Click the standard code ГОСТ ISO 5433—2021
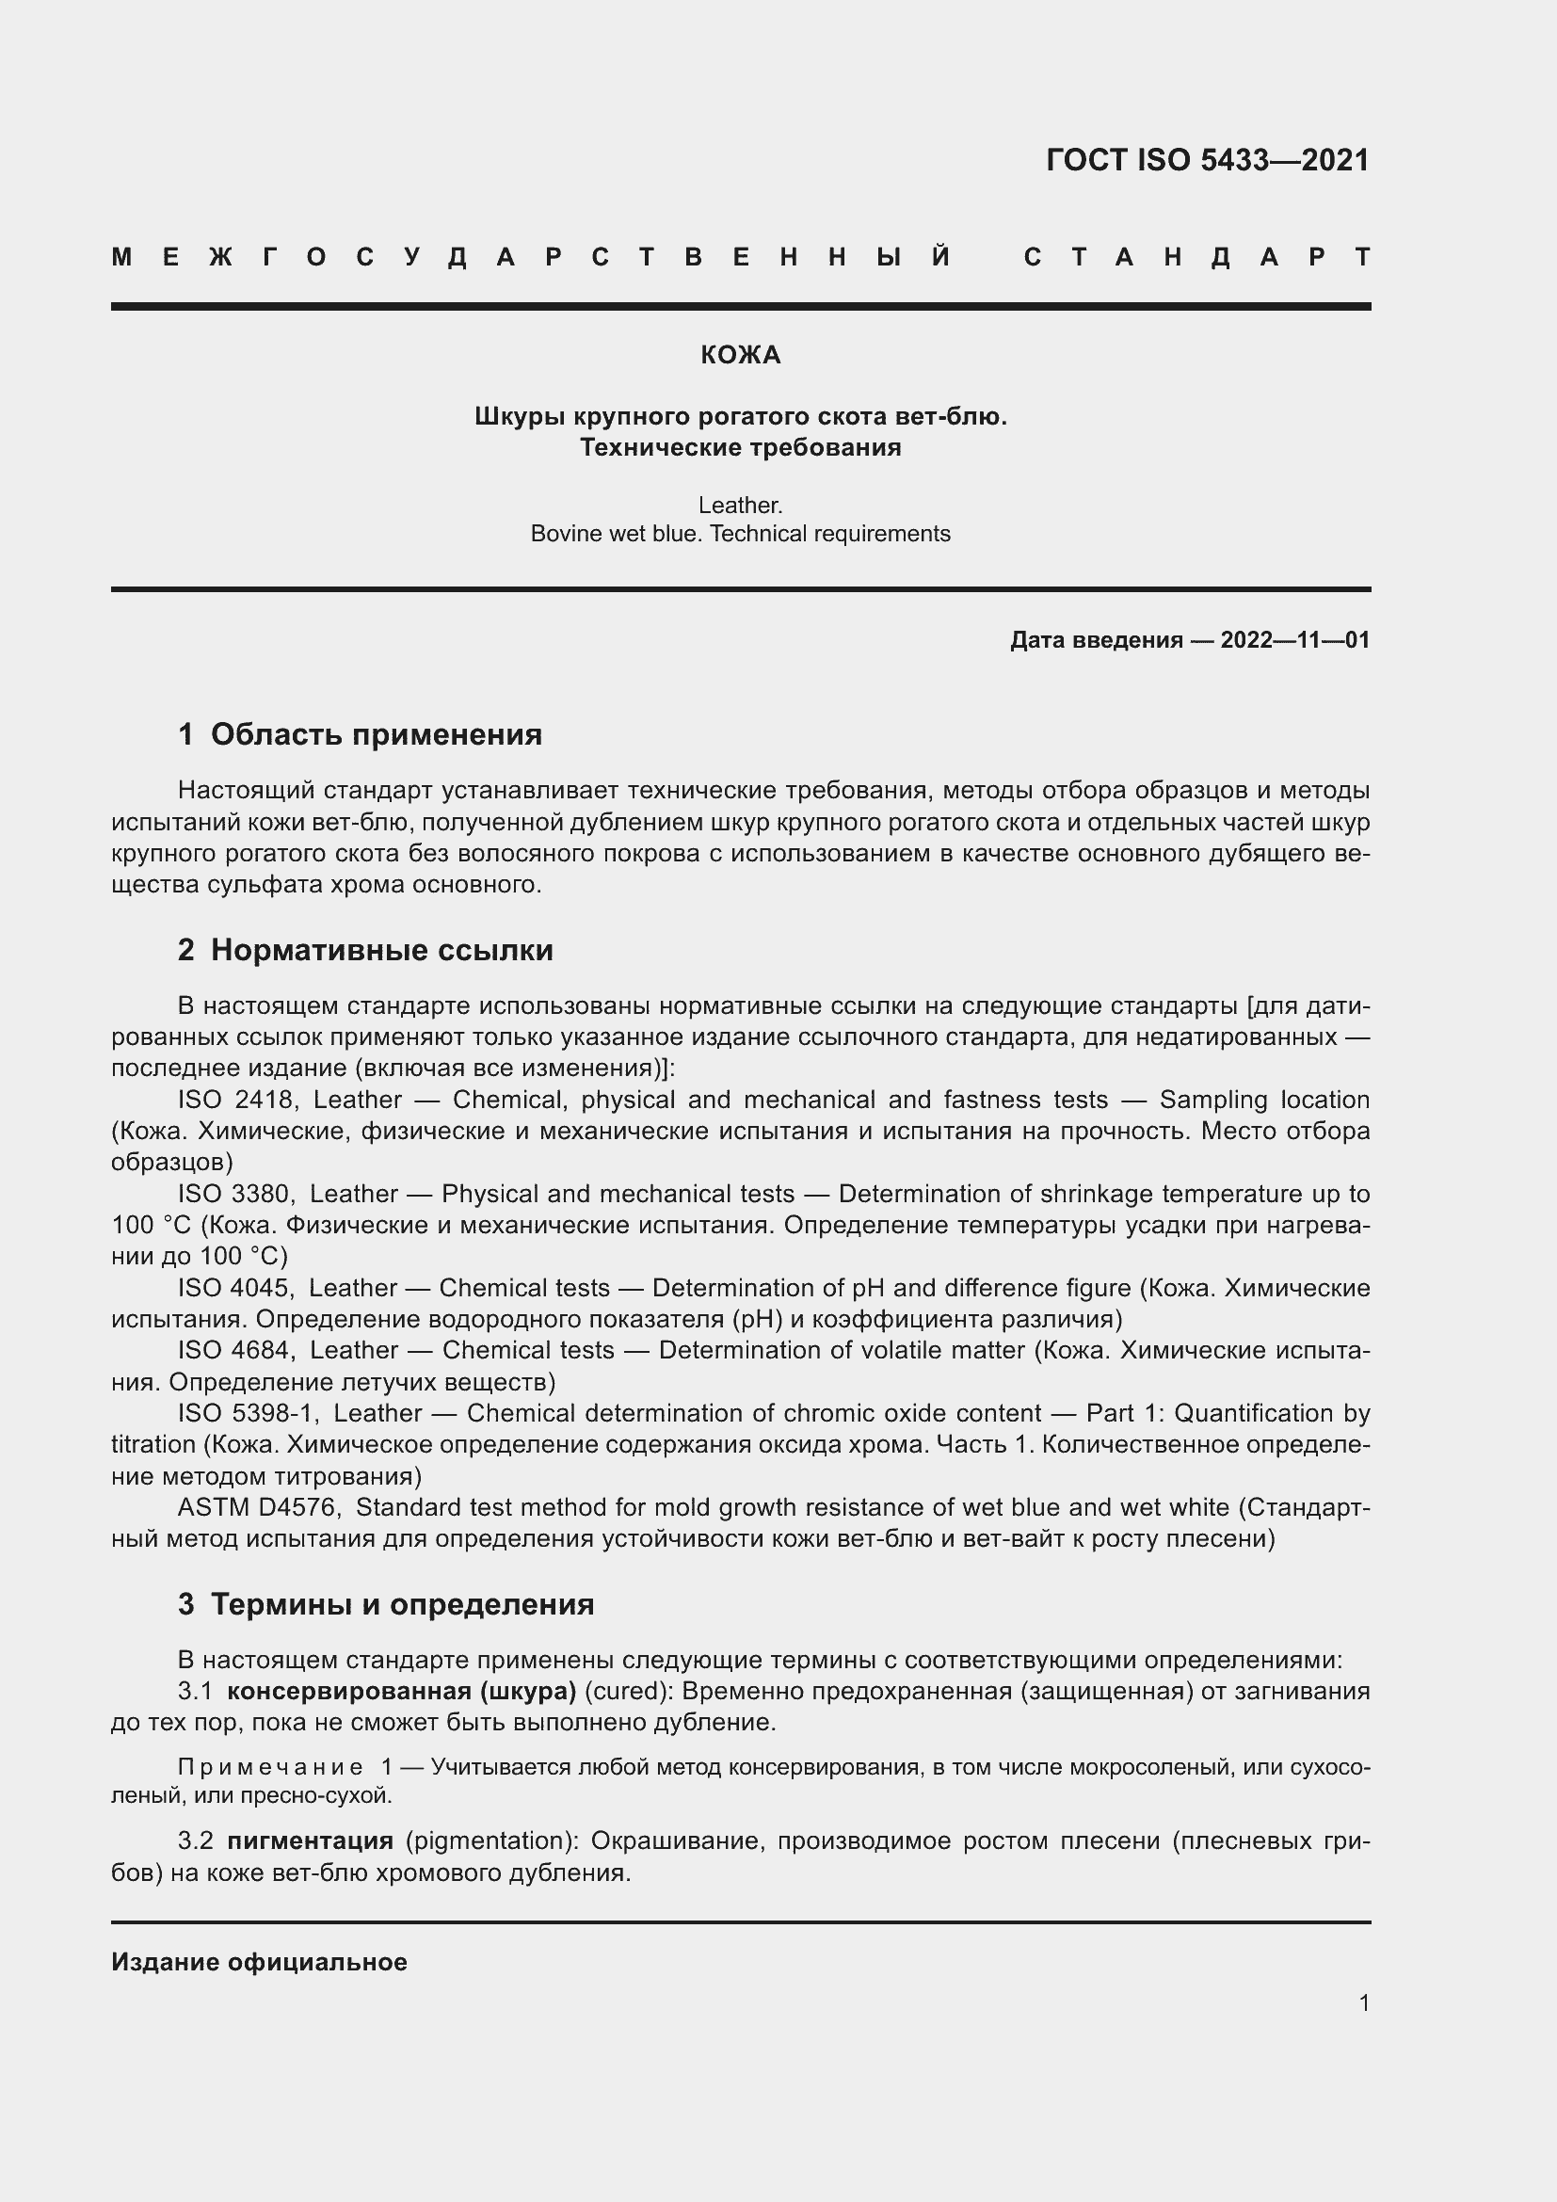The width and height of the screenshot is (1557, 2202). (1207, 160)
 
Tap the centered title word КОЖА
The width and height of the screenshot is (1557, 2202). (740, 356)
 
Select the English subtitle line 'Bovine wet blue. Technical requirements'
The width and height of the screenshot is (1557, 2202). (740, 534)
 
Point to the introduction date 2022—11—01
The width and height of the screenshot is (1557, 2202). (1294, 639)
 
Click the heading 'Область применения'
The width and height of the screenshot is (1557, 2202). (376, 734)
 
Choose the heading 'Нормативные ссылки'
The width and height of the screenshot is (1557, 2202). (381, 951)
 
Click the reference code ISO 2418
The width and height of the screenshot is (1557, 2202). (236, 1100)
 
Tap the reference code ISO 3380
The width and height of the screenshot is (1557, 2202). (235, 1194)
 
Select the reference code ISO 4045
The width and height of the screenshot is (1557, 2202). (235, 1288)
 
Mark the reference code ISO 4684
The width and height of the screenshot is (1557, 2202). (236, 1350)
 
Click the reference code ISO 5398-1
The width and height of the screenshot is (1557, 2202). (248, 1414)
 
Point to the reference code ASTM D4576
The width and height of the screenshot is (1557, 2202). (257, 1507)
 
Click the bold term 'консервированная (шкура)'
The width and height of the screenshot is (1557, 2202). (401, 1691)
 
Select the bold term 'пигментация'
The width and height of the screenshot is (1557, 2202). (310, 1840)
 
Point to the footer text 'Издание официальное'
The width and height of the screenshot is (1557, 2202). (259, 1962)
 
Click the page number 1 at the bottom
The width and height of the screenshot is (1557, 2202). (1363, 2002)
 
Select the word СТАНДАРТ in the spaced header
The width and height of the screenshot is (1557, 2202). (1196, 257)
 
